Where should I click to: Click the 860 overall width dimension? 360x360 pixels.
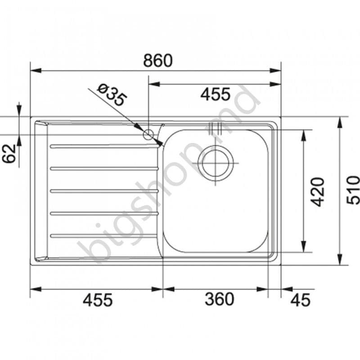coord(157,60)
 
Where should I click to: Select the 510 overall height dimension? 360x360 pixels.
coord(353,190)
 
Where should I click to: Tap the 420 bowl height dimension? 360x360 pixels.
coord(318,191)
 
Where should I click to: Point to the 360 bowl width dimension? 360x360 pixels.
coord(219,299)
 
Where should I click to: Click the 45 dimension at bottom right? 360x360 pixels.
coord(300,299)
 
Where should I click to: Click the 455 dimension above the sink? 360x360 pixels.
coord(215,94)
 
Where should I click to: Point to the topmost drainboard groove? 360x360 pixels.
coord(104,146)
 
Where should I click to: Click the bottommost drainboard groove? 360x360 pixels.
coord(104,235)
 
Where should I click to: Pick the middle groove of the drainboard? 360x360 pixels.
coord(104,191)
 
